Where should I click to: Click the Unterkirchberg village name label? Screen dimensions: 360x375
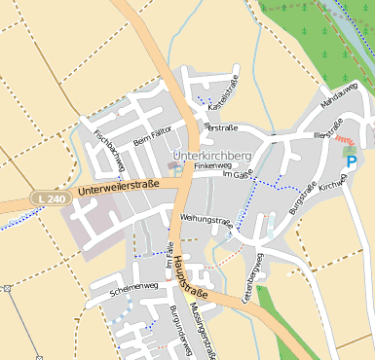211,156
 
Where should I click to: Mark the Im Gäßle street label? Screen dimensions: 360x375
238,174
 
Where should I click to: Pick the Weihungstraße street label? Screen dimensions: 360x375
206,220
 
